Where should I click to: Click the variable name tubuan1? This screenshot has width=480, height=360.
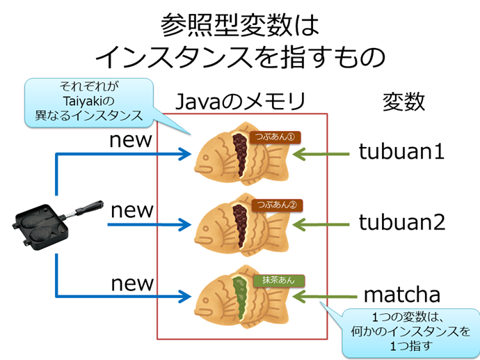coord(401,151)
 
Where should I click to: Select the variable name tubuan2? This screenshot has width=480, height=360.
coord(401,222)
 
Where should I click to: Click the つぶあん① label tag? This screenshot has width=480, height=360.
coord(277,136)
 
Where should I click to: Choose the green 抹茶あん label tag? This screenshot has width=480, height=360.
coord(278,280)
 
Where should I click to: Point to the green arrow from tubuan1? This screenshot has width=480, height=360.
coord(321,152)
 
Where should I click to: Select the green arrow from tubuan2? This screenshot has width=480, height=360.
coord(321,224)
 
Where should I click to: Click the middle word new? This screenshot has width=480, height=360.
coord(131,210)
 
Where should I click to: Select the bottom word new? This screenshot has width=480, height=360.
coord(131,283)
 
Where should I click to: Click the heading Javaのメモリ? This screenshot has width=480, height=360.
coord(240,102)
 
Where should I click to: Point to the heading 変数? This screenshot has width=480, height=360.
coord(403,102)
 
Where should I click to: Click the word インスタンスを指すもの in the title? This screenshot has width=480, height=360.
coord(239,56)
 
